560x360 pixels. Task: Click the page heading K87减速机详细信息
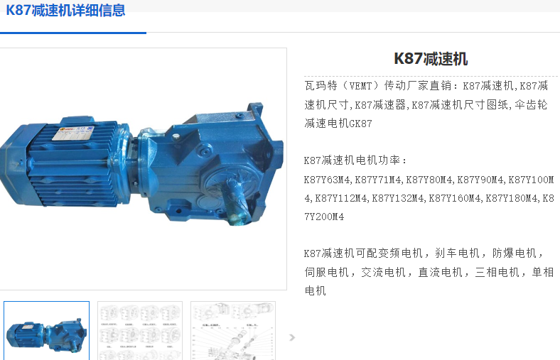click(x=65, y=10)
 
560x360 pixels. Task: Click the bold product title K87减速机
click(x=431, y=59)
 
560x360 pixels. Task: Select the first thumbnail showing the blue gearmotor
click(x=46, y=331)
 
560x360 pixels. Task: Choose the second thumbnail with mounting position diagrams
click(x=140, y=331)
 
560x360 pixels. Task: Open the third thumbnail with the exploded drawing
click(x=233, y=331)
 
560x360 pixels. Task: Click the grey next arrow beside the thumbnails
click(x=292, y=337)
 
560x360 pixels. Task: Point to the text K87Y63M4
click(x=327, y=180)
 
